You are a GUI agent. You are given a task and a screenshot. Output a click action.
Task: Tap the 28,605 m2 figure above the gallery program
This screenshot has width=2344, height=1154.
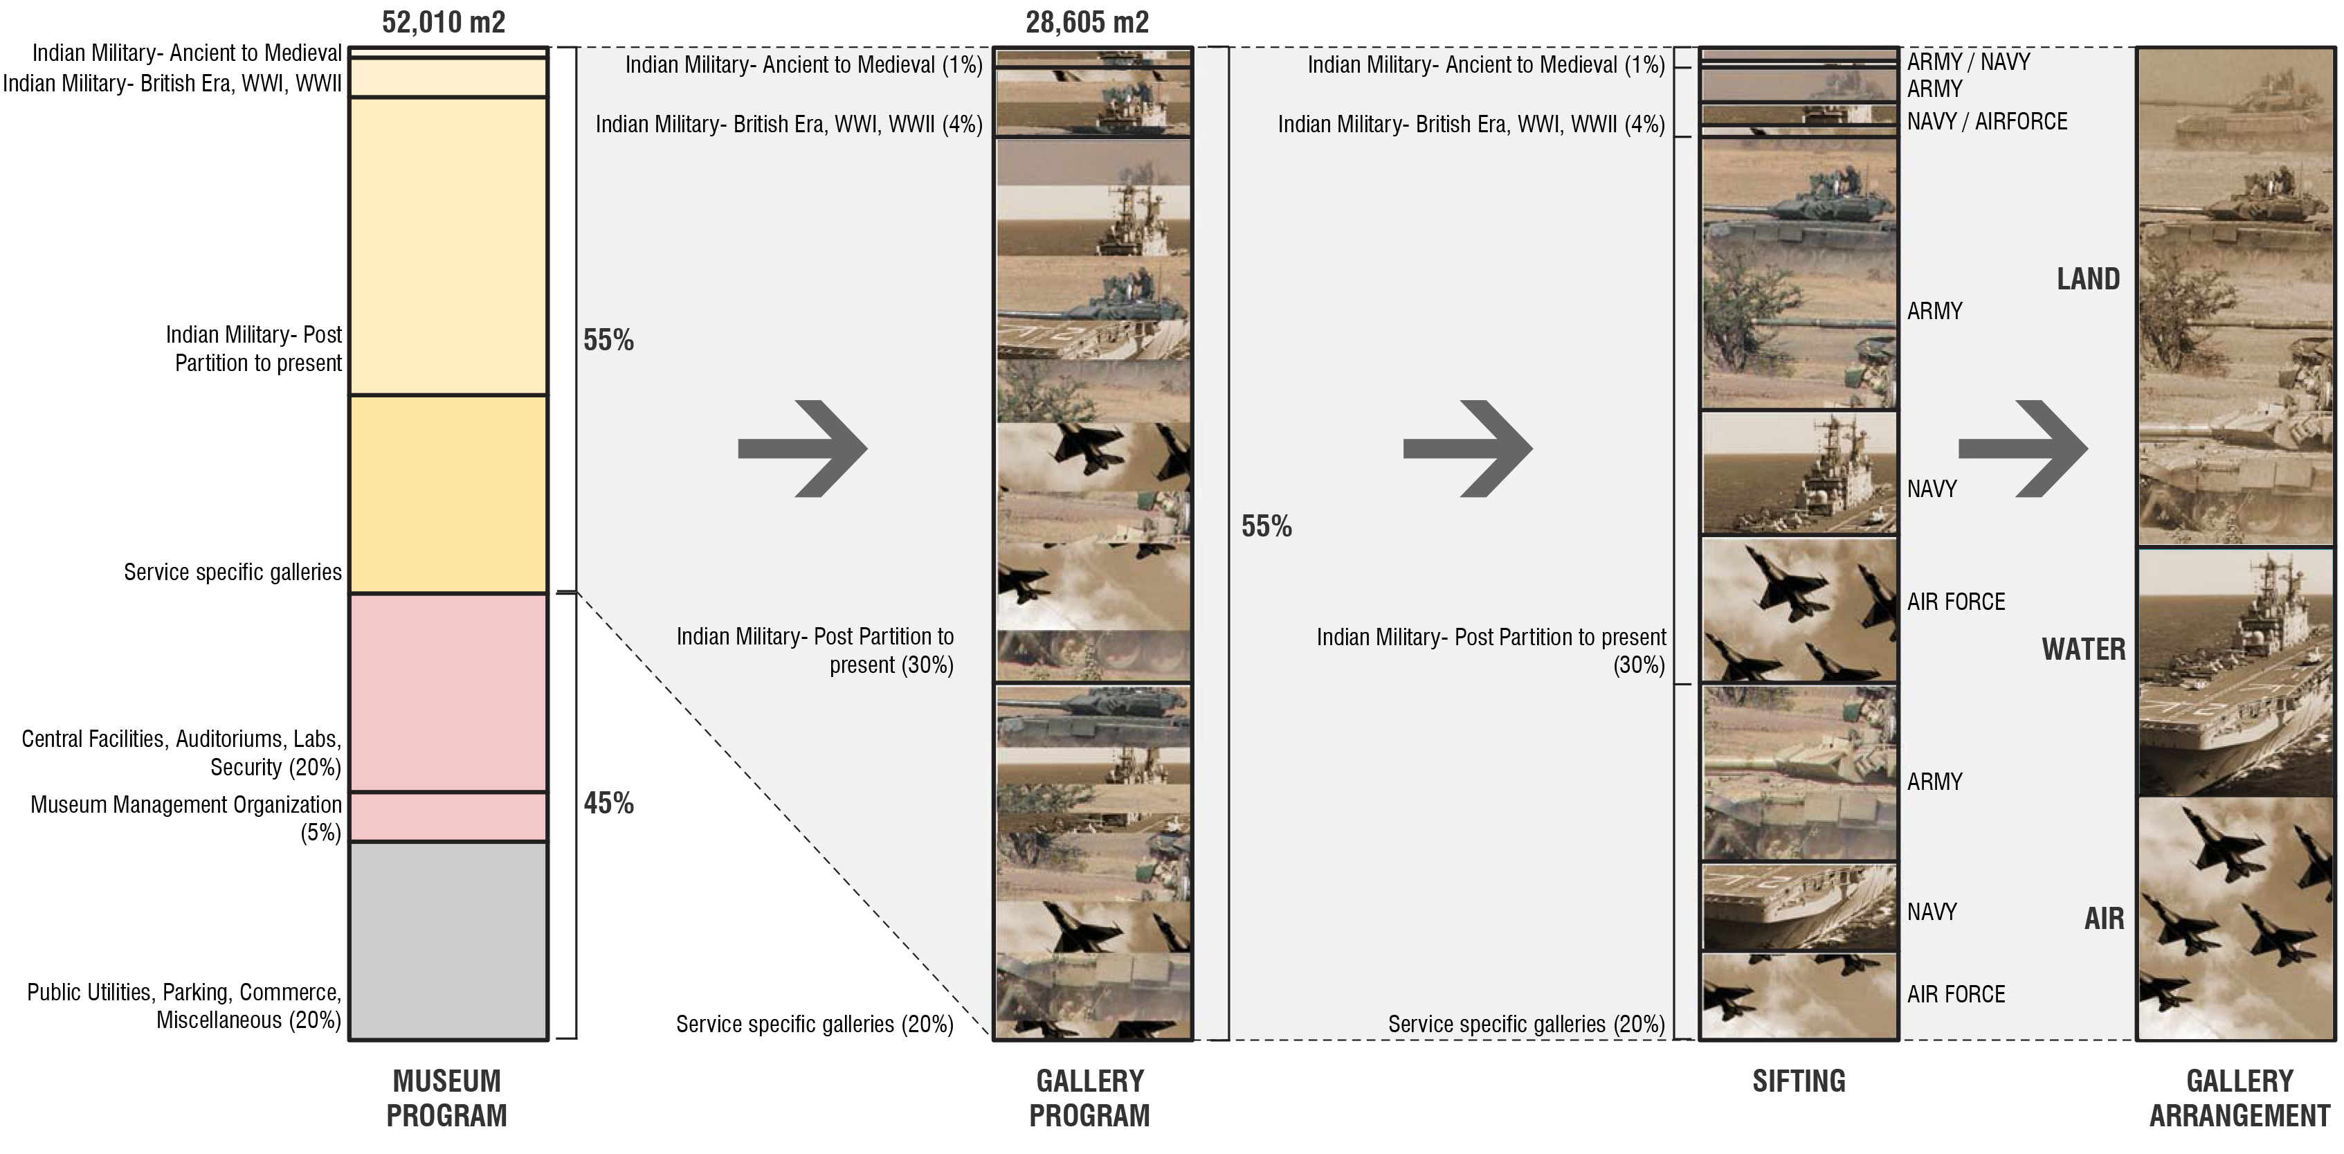coord(1087,22)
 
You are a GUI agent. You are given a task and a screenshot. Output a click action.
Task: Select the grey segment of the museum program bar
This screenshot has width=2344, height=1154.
coord(448,940)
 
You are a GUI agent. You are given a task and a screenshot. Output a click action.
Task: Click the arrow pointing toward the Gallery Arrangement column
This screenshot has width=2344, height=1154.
coord(2022,449)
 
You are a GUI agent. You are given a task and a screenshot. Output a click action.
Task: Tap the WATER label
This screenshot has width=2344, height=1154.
coord(2083,649)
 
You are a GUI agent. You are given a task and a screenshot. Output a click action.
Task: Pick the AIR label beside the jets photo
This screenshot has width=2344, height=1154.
coord(2104,919)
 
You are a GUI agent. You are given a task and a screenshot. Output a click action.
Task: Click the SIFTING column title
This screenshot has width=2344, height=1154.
coord(1798,1081)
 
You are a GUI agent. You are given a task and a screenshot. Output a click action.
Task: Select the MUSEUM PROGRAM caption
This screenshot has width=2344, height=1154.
coord(447,1097)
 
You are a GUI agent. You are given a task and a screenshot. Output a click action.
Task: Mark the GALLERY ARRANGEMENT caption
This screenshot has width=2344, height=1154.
coord(2239,1097)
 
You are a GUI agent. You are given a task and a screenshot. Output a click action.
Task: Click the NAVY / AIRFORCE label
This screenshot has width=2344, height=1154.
coord(1988,121)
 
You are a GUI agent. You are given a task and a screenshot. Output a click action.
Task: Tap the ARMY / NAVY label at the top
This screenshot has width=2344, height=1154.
coord(1968,62)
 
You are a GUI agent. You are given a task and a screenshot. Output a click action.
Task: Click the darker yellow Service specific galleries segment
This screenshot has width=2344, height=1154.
coord(448,494)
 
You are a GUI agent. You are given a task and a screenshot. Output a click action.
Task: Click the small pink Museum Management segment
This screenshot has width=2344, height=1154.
coord(448,816)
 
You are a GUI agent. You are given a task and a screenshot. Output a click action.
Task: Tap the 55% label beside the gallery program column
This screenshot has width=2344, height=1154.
coord(1266,526)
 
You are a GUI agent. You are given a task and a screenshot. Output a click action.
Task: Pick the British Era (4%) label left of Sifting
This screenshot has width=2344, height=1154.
coord(1471,124)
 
